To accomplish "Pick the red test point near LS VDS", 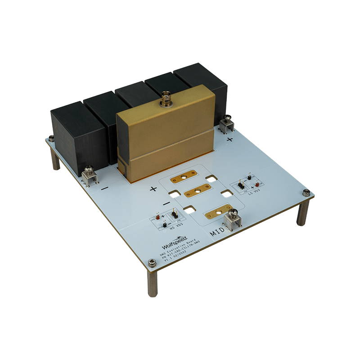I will [x=257, y=184].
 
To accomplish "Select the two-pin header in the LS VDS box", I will [x=241, y=184].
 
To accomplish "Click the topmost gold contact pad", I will [x=184, y=179].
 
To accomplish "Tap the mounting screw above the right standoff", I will [x=306, y=193].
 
